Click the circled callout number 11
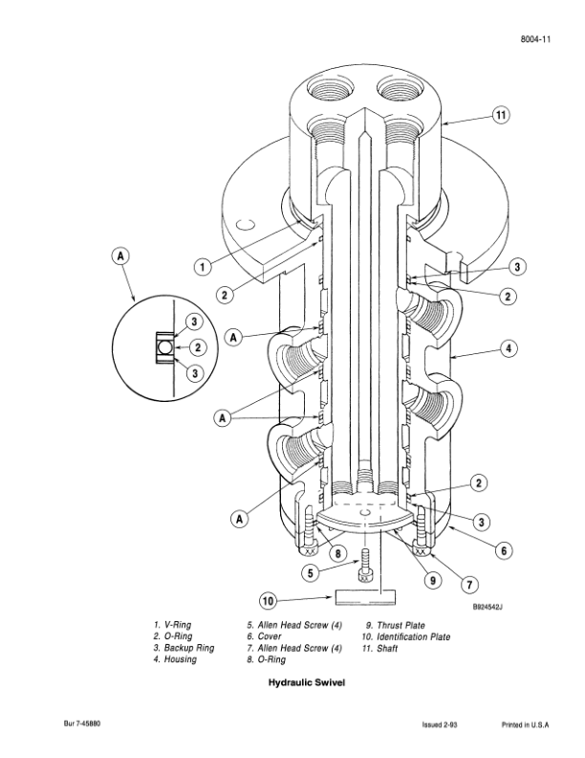coord(501,115)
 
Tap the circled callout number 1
coord(203,266)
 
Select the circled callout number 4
coord(509,348)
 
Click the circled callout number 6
coord(504,550)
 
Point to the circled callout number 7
coord(469,584)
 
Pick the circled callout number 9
coord(432,580)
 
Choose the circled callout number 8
coord(337,553)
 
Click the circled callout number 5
coord(311,573)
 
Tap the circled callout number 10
coord(269,601)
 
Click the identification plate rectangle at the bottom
coord(365,597)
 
